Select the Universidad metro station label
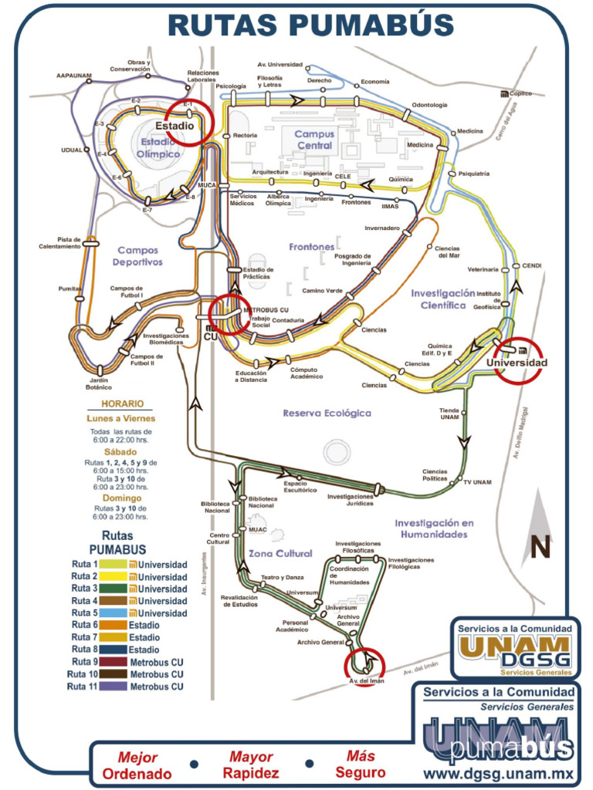517,363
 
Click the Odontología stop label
429,105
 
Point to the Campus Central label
314,140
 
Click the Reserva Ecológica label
327,413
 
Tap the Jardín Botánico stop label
100,384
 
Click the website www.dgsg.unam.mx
499,771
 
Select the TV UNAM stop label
478,482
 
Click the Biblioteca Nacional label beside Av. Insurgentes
216,507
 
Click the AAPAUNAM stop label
74,76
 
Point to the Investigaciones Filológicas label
411,563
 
